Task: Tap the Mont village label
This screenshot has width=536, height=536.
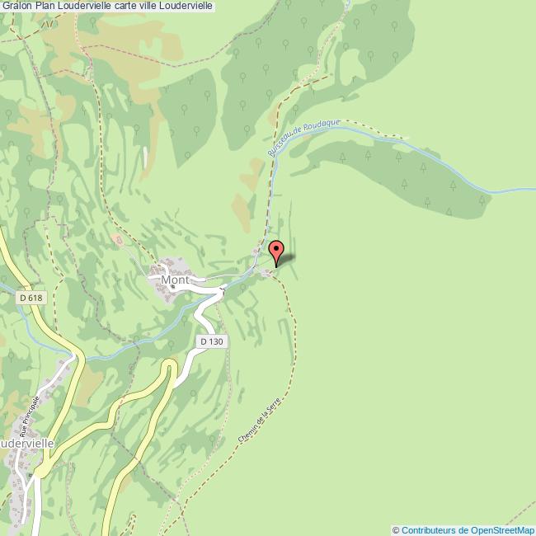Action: [x=175, y=280]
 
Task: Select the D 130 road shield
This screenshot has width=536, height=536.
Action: [x=211, y=341]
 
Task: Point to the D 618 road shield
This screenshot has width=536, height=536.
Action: [x=30, y=298]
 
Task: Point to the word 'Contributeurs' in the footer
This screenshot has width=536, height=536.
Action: [x=430, y=530]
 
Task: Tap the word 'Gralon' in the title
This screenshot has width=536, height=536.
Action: [x=16, y=6]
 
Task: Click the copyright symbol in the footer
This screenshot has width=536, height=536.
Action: [x=396, y=530]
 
